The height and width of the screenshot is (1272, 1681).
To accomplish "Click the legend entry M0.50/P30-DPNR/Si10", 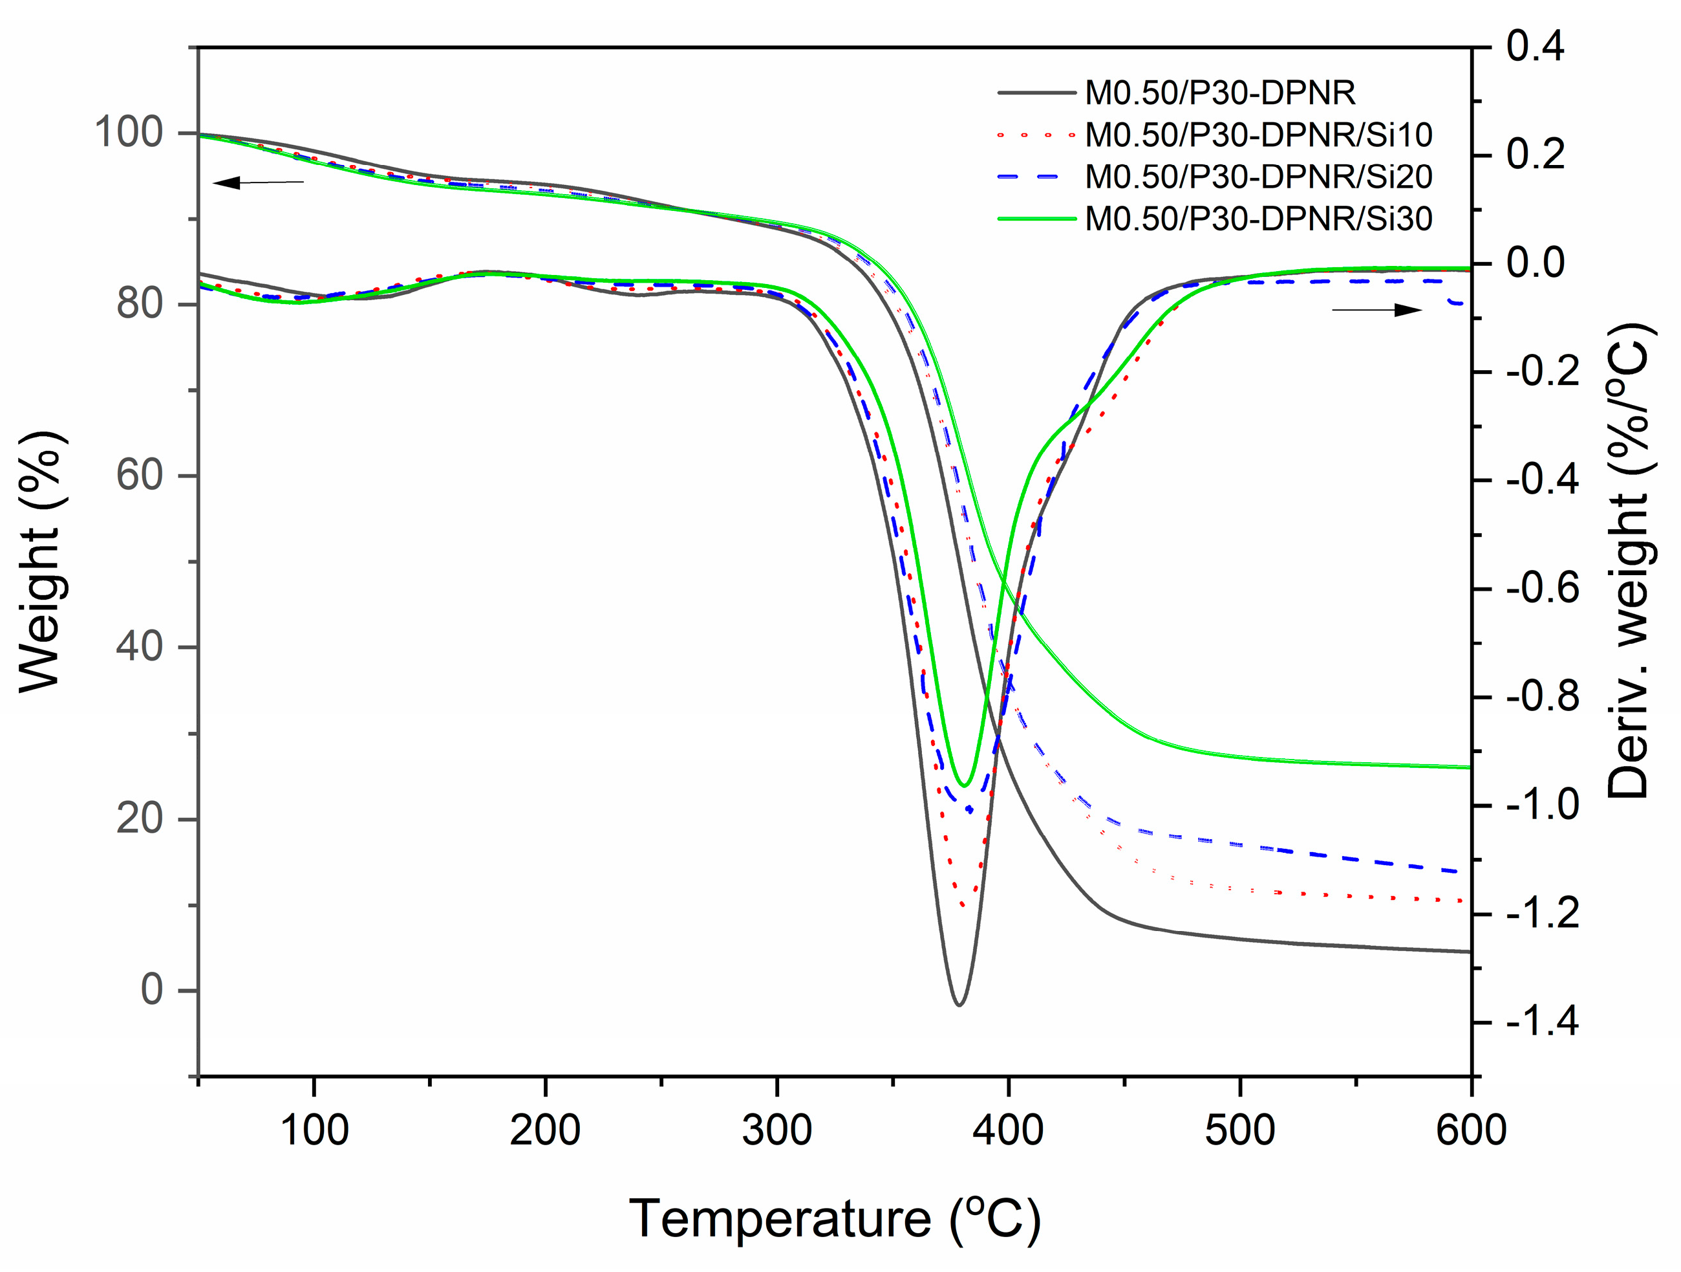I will click(1258, 135).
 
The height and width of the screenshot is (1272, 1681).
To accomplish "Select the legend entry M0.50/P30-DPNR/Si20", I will click(1258, 177).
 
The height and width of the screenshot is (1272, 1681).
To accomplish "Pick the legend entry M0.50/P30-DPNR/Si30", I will click(1258, 219).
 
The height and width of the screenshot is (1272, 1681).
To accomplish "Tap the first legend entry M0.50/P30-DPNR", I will click(1220, 93).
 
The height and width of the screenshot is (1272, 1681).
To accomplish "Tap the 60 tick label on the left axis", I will click(140, 476).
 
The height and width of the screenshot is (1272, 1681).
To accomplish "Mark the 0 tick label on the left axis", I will click(151, 990).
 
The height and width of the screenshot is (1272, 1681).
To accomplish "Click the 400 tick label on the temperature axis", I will click(1008, 1130).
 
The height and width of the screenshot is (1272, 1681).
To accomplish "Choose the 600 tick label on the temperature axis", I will click(1470, 1130).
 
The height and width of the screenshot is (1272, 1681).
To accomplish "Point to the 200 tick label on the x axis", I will click(545, 1130).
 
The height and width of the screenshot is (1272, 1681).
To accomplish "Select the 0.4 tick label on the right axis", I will click(1535, 47).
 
